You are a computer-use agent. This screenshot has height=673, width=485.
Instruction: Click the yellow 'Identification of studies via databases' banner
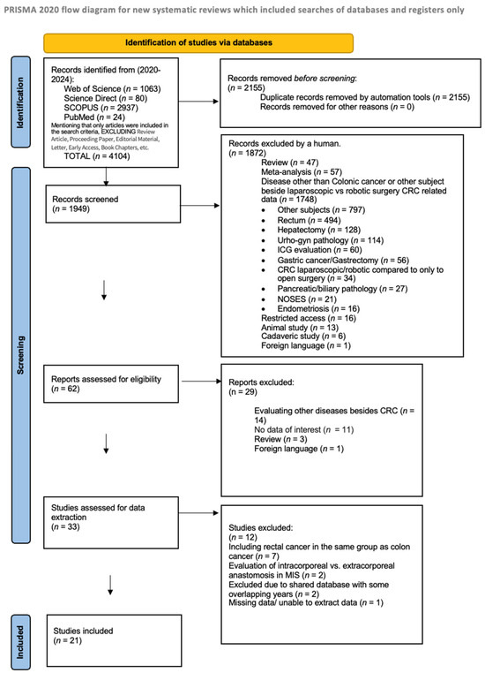(x=198, y=42)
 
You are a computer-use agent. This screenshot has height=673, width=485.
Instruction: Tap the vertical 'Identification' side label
(x=19, y=97)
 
